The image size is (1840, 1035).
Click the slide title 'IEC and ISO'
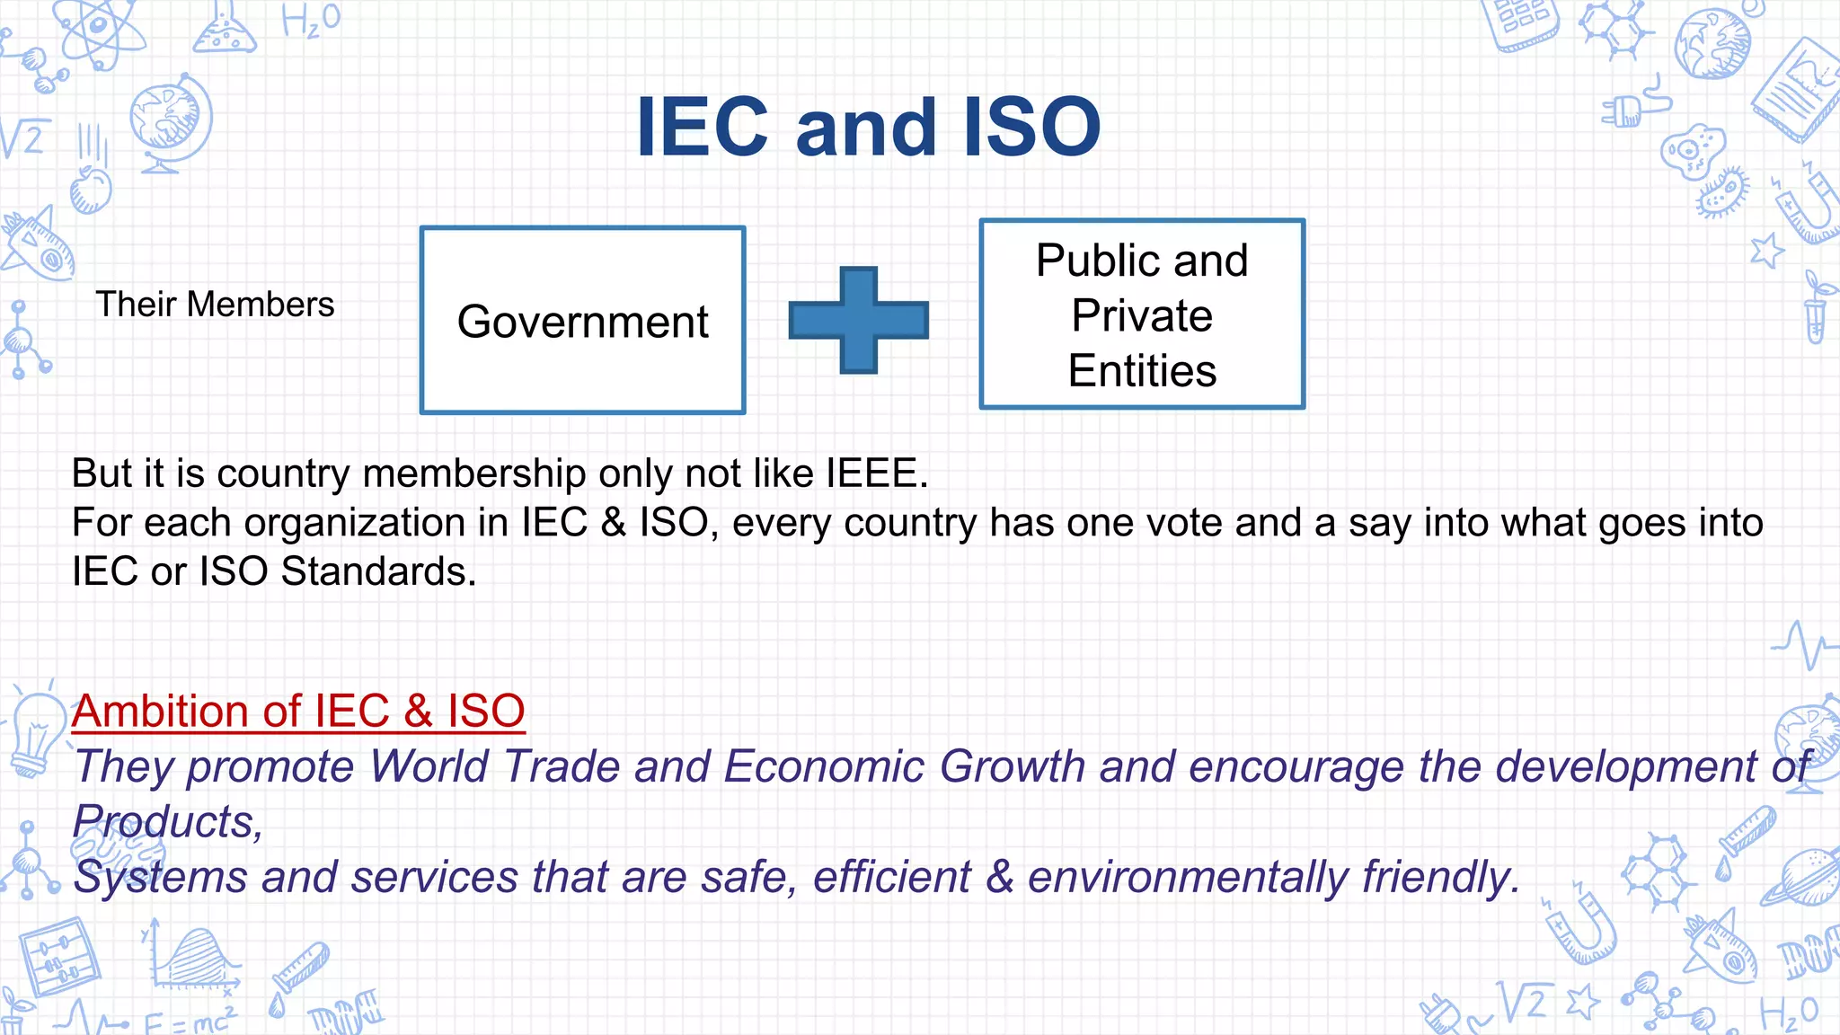coord(868,128)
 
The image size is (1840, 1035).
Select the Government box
coord(582,321)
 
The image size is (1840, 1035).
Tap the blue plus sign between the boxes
coord(858,320)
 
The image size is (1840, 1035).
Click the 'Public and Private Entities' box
coord(1141,314)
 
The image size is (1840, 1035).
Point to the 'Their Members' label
coord(215,305)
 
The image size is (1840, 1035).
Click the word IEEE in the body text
coord(876,473)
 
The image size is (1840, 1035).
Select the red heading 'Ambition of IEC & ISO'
coord(298,711)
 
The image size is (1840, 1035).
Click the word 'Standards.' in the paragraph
coord(378,571)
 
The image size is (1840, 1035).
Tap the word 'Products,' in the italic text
coord(168,822)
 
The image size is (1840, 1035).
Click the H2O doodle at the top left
coord(311,20)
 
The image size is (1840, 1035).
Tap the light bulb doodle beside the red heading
coord(34,732)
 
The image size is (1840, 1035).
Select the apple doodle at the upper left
coord(91,190)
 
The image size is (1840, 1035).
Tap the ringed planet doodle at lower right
coord(1801,876)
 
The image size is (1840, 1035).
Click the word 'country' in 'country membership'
coord(283,473)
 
